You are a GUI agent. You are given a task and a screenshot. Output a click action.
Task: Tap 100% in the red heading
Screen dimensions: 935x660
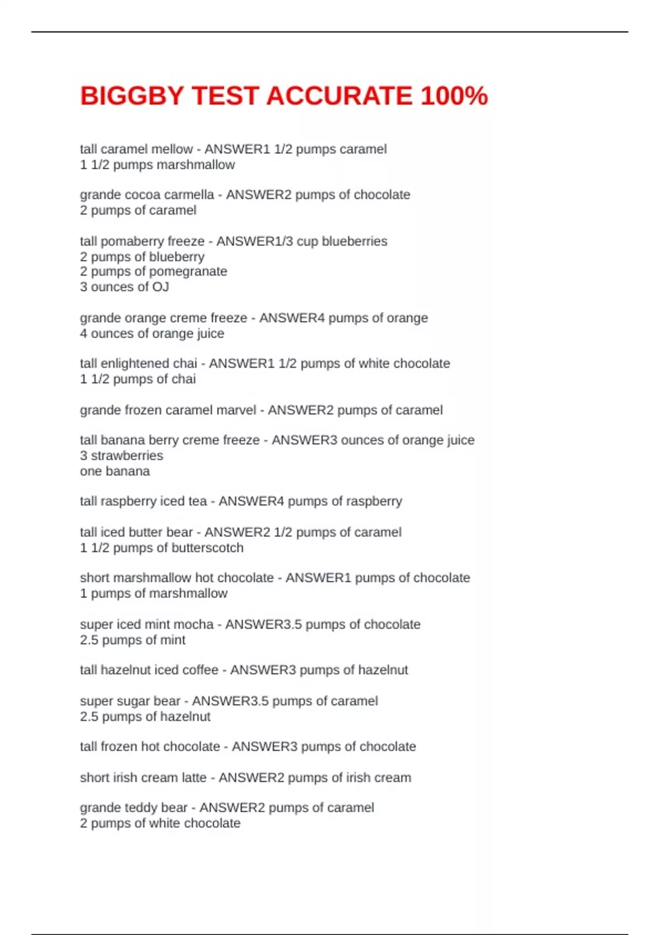click(x=454, y=96)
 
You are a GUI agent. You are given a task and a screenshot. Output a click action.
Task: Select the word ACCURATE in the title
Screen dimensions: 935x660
click(x=339, y=96)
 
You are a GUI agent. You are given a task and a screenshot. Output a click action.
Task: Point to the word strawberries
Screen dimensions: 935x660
click(x=127, y=456)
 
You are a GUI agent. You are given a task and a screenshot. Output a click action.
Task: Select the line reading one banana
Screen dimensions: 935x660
click(x=114, y=471)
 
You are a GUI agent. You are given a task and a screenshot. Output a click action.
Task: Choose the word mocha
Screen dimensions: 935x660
click(x=196, y=625)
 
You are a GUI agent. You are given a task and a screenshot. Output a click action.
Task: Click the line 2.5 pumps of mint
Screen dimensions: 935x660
click(x=133, y=640)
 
